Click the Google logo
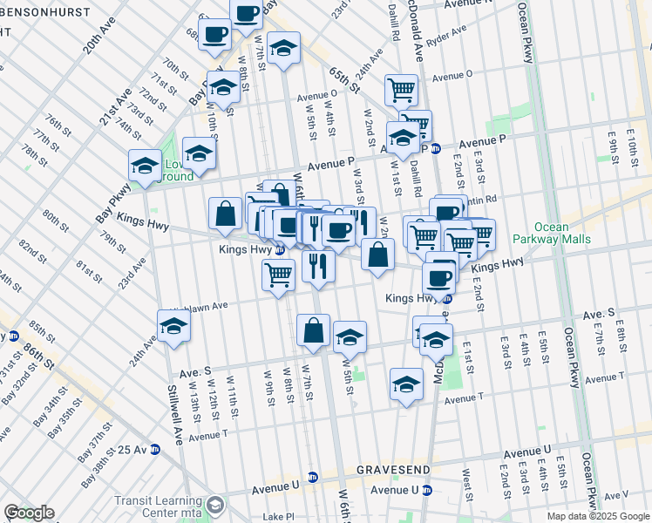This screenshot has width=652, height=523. (29, 513)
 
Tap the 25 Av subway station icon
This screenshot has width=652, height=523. (155, 450)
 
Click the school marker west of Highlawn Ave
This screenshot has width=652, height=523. (174, 326)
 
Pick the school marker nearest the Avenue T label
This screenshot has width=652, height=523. (406, 384)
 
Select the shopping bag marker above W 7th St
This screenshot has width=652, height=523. (314, 331)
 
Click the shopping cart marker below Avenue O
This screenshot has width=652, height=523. (401, 90)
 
